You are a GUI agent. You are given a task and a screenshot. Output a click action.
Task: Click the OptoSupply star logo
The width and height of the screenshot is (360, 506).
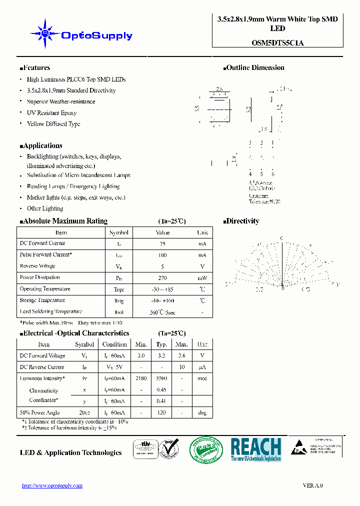(x=45, y=33)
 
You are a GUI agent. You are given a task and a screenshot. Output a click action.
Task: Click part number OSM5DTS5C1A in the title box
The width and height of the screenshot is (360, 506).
(x=277, y=43)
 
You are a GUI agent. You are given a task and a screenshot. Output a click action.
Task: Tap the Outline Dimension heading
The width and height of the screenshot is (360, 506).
(x=255, y=68)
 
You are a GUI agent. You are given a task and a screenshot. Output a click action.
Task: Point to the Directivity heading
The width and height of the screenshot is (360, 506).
(x=242, y=221)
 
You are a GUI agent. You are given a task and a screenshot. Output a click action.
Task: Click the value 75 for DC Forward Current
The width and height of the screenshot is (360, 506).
(x=162, y=243)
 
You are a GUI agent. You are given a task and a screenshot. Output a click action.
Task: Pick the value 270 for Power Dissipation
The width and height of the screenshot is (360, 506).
(x=162, y=277)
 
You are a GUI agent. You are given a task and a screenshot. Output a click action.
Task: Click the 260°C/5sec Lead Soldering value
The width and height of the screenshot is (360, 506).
(x=162, y=312)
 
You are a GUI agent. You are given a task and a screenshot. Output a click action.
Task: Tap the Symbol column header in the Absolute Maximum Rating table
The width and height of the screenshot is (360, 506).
(x=118, y=232)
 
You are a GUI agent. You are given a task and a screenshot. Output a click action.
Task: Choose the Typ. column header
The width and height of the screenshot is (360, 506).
(x=161, y=344)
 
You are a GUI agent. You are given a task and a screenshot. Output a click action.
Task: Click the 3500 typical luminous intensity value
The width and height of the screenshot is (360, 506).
(x=161, y=378)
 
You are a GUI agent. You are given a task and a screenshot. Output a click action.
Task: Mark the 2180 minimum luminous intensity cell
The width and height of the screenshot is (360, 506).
(x=141, y=378)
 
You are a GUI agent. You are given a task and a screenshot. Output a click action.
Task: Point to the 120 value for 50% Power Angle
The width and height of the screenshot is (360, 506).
(x=161, y=413)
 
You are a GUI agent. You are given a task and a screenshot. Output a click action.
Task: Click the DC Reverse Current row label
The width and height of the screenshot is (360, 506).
(x=42, y=367)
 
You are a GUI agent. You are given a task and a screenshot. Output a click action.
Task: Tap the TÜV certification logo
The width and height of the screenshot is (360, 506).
(x=145, y=449)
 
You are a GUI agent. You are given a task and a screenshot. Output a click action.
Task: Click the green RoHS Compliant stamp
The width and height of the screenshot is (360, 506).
(x=206, y=449)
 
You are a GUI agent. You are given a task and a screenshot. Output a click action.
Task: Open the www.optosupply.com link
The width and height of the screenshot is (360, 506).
(x=52, y=485)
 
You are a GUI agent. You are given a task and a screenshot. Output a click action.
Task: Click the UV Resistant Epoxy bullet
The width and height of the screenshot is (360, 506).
(x=51, y=113)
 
